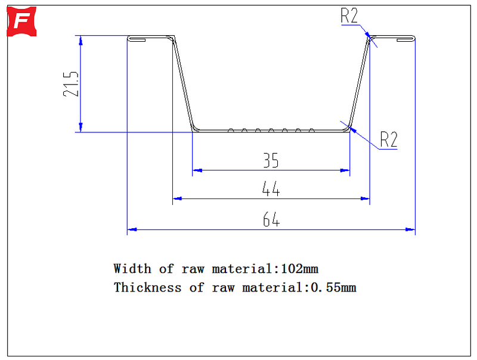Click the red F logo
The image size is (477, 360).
click(x=21, y=21)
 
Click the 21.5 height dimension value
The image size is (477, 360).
click(x=71, y=84)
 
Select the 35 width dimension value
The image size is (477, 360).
click(x=271, y=160)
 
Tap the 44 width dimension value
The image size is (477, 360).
click(x=271, y=189)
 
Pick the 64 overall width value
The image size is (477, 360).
click(x=271, y=219)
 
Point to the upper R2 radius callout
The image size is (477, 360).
click(x=349, y=15)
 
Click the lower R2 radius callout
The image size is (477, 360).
click(x=389, y=139)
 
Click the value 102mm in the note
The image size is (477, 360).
click(x=299, y=269)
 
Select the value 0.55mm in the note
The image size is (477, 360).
click(x=333, y=287)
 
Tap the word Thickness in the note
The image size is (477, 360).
click(x=147, y=287)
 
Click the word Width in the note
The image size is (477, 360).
click(x=132, y=269)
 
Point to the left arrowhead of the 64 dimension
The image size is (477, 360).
click(x=132, y=229)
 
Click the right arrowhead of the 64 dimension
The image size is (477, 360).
click(x=410, y=229)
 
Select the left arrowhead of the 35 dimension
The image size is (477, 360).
click(x=197, y=170)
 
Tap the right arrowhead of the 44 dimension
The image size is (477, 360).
click(x=365, y=198)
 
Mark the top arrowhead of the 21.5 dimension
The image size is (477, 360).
click(x=80, y=41)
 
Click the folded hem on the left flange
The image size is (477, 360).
click(x=137, y=39)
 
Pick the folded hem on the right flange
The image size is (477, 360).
click(x=406, y=39)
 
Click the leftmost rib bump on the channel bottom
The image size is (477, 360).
click(x=231, y=131)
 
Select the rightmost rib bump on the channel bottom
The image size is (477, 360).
click(x=311, y=131)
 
